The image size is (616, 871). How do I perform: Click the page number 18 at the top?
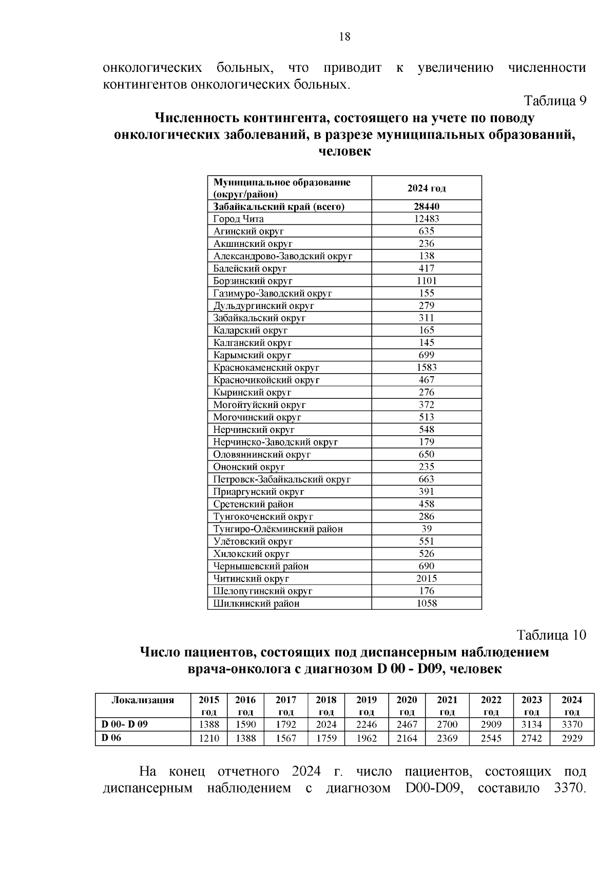344,36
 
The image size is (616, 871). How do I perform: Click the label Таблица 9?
555,101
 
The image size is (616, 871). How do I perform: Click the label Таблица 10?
551,635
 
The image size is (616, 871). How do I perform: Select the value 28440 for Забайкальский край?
426,206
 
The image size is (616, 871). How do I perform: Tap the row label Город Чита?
238,219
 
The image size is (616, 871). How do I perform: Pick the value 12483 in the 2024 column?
426,219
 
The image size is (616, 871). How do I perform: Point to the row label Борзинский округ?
253,281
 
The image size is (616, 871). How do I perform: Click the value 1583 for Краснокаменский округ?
426,367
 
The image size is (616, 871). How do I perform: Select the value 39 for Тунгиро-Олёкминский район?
426,529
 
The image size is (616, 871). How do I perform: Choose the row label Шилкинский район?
256,604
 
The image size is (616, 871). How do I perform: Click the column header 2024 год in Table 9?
426,188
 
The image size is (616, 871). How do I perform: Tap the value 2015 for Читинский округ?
426,578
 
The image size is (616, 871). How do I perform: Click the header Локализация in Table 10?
143,700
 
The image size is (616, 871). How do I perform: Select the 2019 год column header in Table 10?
366,706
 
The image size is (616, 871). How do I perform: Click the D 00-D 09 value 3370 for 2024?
571,725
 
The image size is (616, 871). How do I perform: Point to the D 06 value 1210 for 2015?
209,739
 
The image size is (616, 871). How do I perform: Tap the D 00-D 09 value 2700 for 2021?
447,725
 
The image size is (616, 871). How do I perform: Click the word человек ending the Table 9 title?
344,152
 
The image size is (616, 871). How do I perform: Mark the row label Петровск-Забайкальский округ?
282,479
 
